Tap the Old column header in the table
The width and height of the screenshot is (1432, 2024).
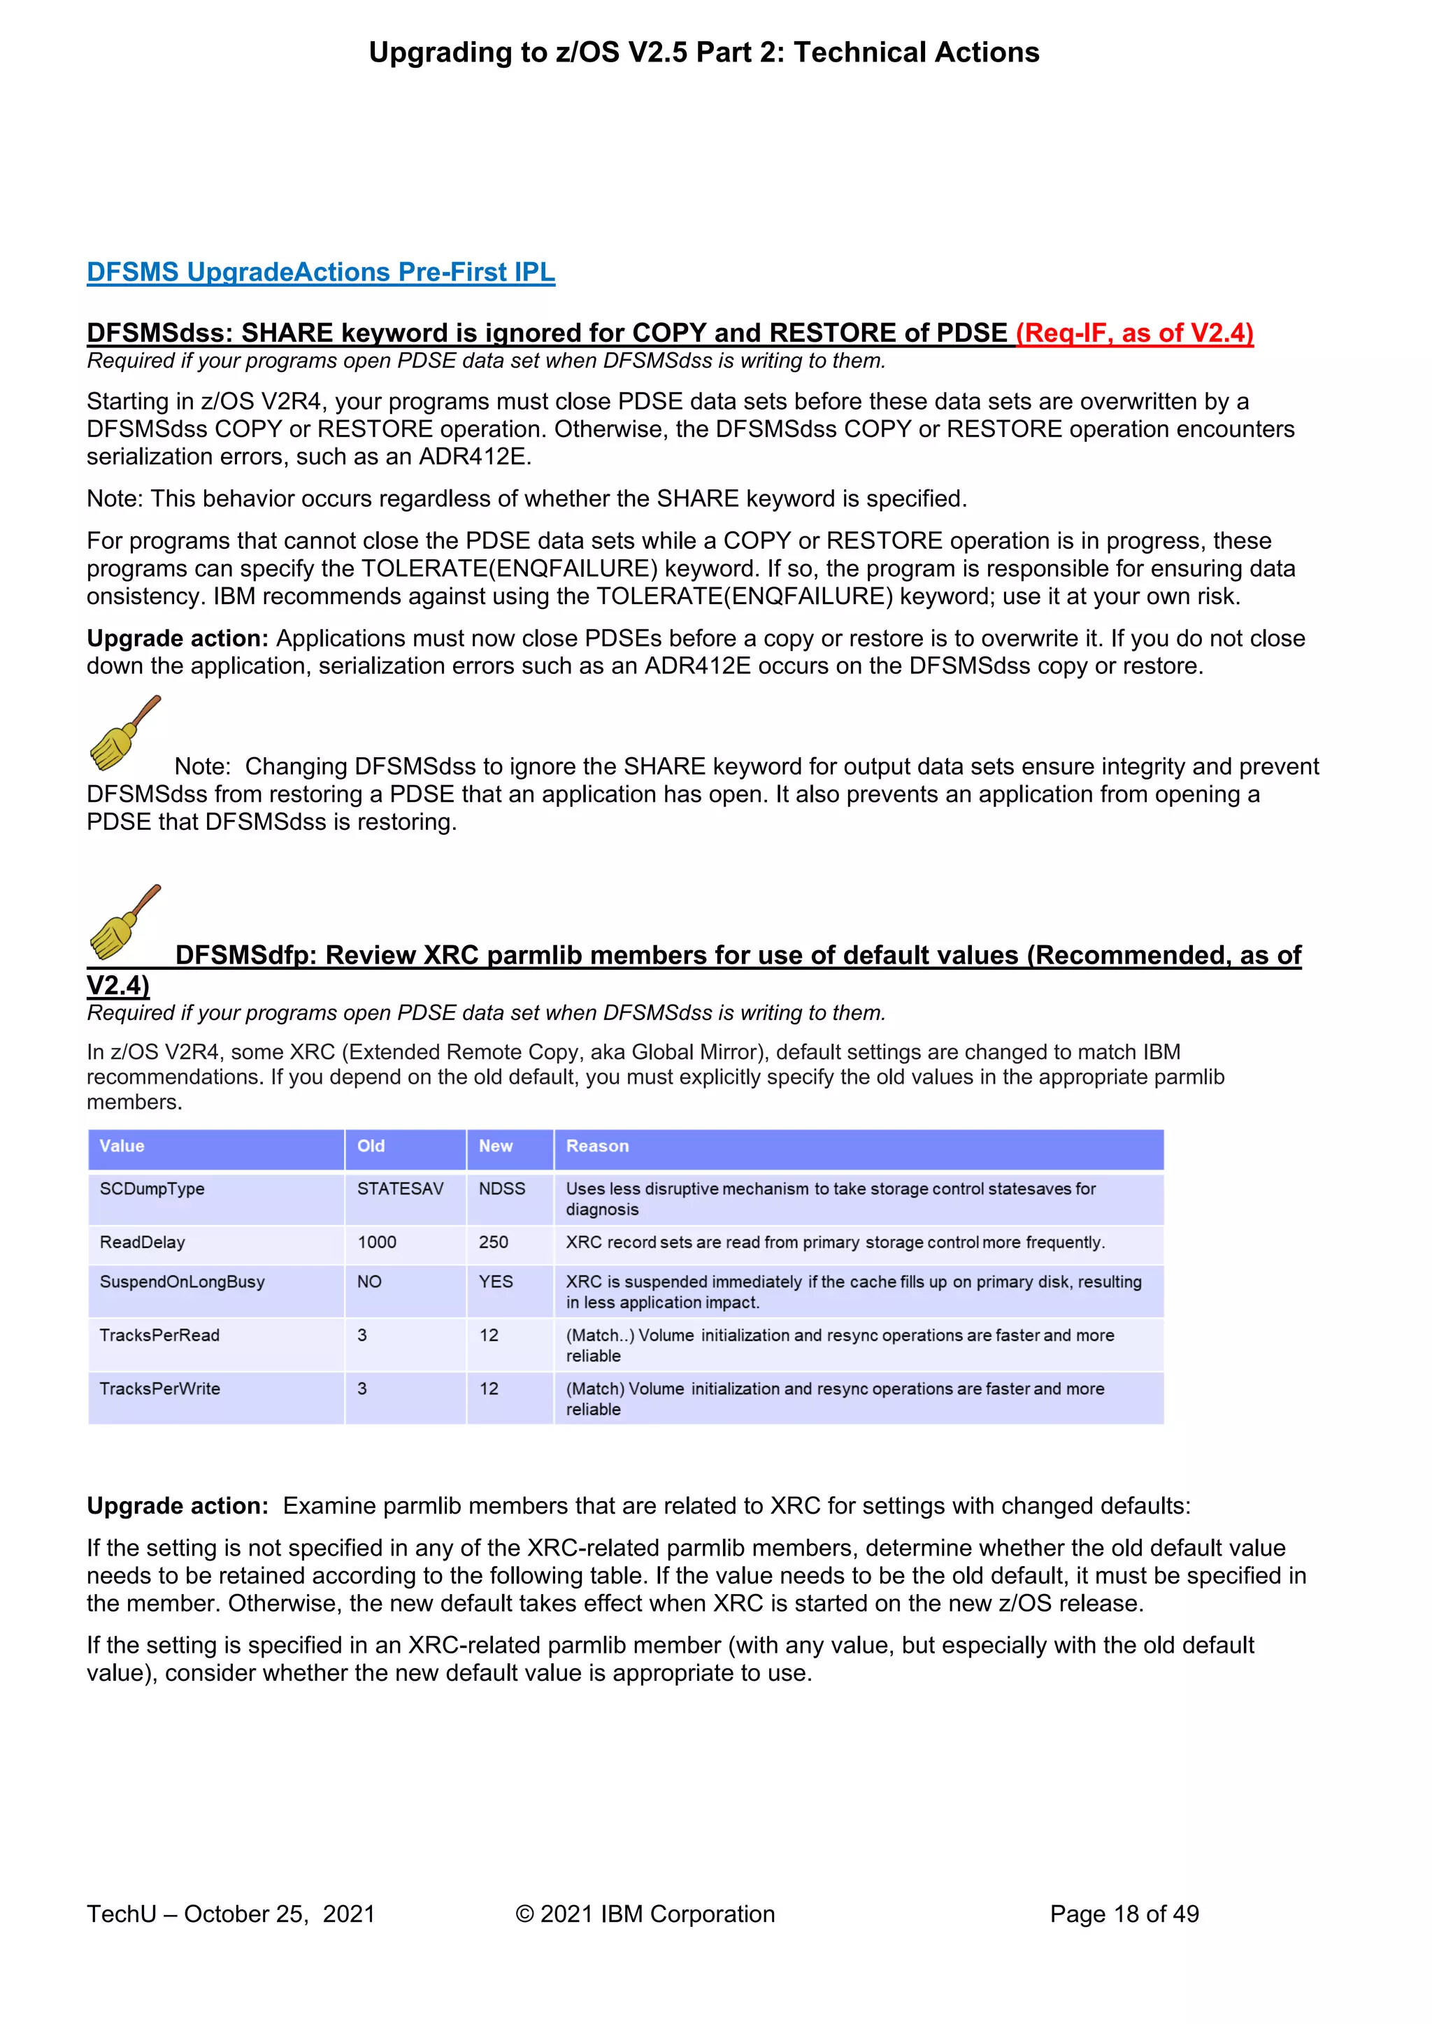tap(371, 1146)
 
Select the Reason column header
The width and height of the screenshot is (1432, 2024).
tap(597, 1146)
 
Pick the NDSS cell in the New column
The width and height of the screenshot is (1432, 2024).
tap(502, 1189)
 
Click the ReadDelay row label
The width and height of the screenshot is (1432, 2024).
tap(142, 1242)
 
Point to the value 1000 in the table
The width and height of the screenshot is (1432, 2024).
tap(376, 1242)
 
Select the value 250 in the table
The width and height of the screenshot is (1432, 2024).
tap(493, 1242)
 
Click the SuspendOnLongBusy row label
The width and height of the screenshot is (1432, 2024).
tap(182, 1282)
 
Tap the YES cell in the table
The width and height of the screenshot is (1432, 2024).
tap(496, 1282)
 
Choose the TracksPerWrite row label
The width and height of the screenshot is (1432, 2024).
tap(159, 1388)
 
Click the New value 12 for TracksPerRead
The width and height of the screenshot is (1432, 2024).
tap(489, 1335)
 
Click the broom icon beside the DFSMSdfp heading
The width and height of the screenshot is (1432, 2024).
tap(124, 922)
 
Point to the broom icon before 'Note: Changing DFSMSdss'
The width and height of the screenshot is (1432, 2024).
tap(124, 733)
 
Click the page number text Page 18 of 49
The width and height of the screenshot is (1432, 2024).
tap(1124, 1914)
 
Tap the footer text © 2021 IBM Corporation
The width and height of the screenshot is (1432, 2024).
tap(645, 1914)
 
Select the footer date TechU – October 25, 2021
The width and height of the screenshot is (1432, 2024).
tap(230, 1914)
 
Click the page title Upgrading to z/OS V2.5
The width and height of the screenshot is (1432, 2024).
tap(703, 53)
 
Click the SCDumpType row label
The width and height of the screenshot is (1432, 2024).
tap(152, 1189)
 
